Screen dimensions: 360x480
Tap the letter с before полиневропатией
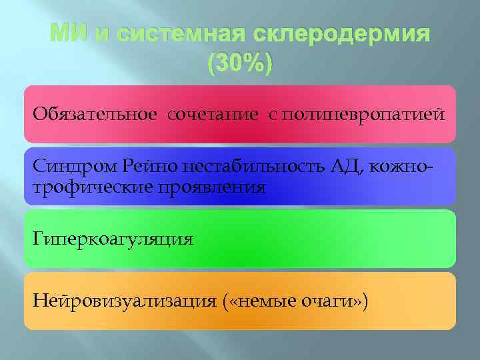(x=272, y=115)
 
